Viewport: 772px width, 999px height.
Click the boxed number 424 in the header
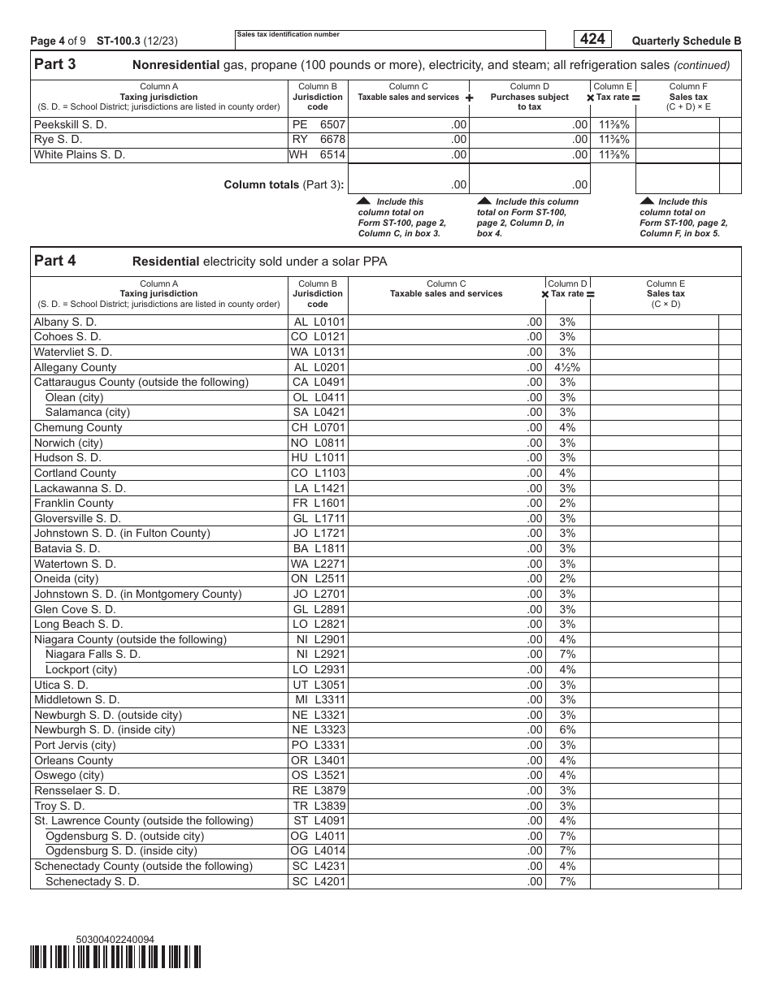pos(592,39)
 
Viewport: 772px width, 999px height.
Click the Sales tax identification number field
pos(390,41)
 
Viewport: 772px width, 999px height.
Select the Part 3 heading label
pos(55,65)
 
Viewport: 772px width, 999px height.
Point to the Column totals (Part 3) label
pos(284,184)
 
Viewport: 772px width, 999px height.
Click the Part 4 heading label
pos(55,261)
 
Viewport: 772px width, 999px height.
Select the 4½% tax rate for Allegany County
pos(567,367)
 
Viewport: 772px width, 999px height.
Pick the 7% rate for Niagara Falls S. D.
pos(567,654)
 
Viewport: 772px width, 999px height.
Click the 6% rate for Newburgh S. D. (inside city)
pos(567,729)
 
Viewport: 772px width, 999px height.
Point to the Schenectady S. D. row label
pos(93,881)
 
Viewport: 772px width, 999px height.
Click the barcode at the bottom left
pos(115,958)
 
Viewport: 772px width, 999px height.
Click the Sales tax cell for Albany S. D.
pos(654,322)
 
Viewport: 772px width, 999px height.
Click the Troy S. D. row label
pos(59,806)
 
